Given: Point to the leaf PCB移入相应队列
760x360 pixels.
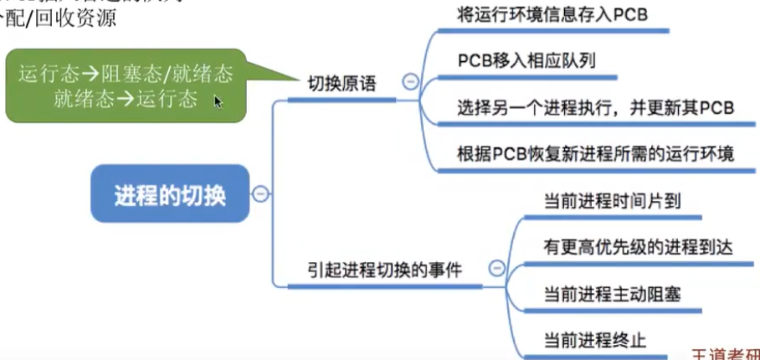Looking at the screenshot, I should pyautogui.click(x=526, y=62).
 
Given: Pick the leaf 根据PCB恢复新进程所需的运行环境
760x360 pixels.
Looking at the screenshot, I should pyautogui.click(x=596, y=155).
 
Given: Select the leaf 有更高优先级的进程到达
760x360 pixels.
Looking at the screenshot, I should pyautogui.click(x=627, y=246).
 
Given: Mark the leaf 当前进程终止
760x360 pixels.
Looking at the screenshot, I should pyautogui.click(x=594, y=339).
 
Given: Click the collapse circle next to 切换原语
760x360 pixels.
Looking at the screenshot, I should pyautogui.click(x=410, y=82).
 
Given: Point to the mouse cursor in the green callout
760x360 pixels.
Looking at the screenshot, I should pyautogui.click(x=218, y=101).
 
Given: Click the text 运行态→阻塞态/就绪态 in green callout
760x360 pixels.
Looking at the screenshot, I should pyautogui.click(x=126, y=74).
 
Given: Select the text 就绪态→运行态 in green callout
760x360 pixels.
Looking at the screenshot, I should pyautogui.click(x=126, y=99).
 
